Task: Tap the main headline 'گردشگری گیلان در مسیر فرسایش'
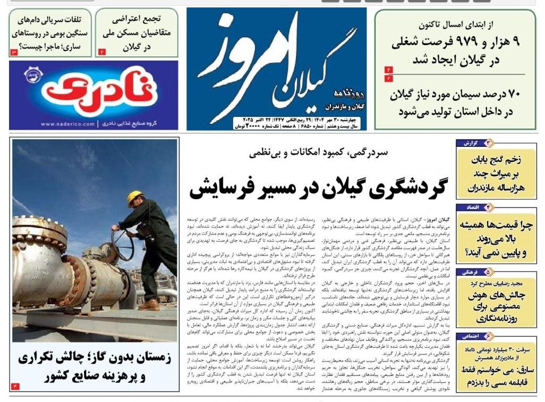point(319,188)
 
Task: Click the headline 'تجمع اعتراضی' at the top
point(137,20)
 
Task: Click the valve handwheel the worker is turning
point(123,245)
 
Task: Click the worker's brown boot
point(149,305)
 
